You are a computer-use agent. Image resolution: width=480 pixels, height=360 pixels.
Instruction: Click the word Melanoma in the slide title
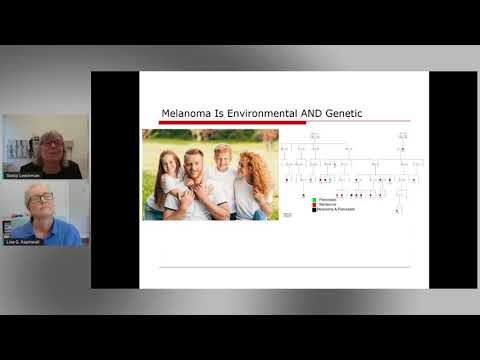point(186,114)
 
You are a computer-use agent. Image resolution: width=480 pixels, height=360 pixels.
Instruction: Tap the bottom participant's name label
point(23,242)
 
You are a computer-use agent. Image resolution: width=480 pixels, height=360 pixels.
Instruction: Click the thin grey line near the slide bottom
point(285,267)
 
